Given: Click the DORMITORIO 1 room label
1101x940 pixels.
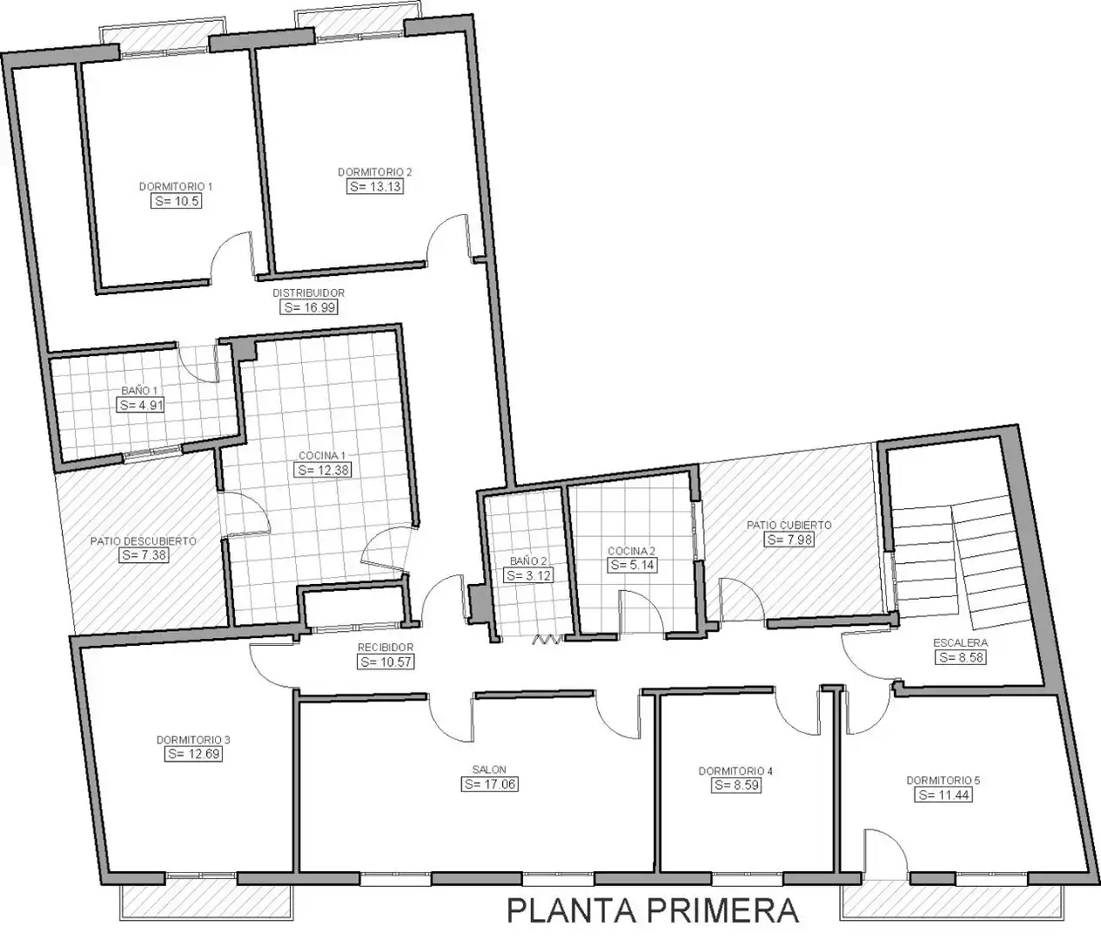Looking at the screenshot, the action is coord(176,186).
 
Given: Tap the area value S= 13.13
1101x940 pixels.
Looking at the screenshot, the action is coord(374,186).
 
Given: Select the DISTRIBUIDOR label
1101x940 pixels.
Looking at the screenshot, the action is coord(308,292).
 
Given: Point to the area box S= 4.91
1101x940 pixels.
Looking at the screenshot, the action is coord(140,405).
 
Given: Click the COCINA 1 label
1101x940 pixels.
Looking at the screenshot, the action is coord(322,455).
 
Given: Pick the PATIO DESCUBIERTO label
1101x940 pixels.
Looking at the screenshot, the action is coord(144,540).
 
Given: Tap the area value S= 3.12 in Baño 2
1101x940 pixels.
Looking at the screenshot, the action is coord(528,575).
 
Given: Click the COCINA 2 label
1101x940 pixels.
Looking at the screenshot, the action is coord(631,551).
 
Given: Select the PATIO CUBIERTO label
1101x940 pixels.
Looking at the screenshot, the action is coord(789,525).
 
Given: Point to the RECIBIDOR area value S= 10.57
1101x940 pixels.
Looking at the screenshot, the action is coord(386,661).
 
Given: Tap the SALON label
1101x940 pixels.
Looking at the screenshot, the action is coord(489,769).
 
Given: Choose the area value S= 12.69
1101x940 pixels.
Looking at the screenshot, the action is coord(193,754).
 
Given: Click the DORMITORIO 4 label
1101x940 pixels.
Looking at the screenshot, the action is coord(735,770).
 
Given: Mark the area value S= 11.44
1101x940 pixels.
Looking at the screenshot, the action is coord(943,795).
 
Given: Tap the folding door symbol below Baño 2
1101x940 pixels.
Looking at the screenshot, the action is coord(547,639).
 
